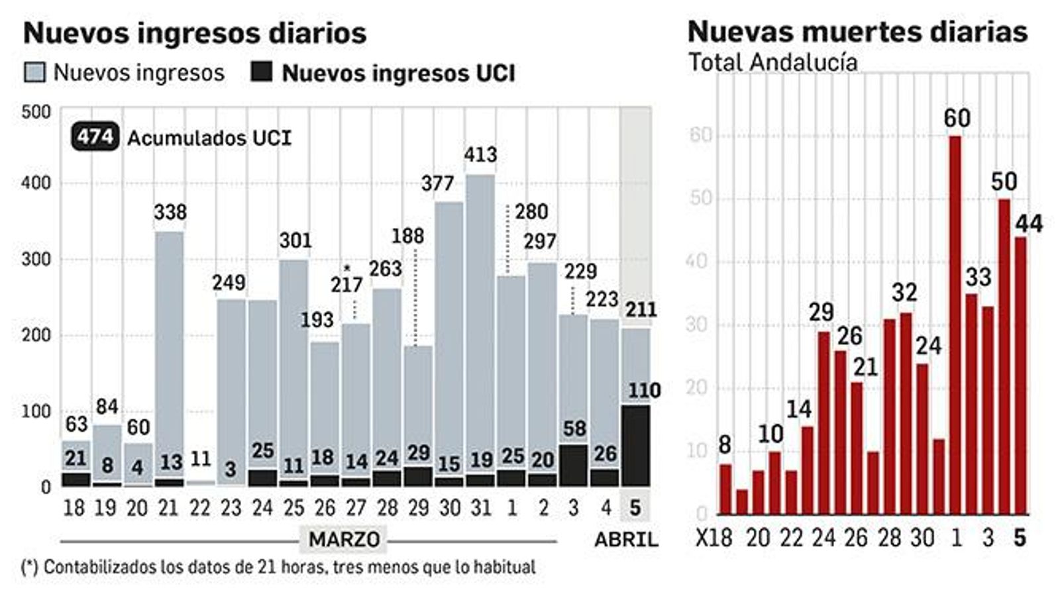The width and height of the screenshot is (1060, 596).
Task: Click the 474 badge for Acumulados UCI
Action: pos(95,137)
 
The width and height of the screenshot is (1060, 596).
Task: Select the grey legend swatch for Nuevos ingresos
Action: pos(34,72)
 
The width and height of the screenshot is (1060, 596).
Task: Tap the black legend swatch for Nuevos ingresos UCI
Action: pos(262,72)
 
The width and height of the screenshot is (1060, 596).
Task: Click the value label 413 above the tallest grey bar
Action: pos(480,155)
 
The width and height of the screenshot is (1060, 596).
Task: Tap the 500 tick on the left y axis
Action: pos(36,112)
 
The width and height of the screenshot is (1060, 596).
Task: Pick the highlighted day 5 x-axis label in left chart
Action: pos(635,508)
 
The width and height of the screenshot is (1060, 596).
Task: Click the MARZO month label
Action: pos(344,539)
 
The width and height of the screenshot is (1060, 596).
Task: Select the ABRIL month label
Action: pos(626,539)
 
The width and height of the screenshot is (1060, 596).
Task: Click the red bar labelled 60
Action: pos(955,324)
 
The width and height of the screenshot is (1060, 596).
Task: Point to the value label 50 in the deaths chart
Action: pos(1004,181)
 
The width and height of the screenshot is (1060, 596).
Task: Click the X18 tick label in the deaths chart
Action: pos(714,538)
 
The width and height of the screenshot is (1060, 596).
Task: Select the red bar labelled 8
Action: pos(725,489)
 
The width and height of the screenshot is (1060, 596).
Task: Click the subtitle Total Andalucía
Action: pos(773,62)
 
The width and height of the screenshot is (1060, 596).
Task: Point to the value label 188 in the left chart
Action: pos(407,236)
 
